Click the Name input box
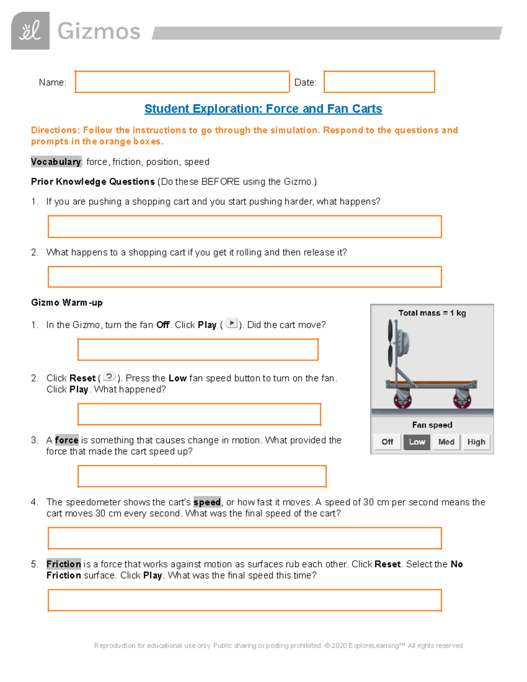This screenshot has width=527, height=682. click(182, 82)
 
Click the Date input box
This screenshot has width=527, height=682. click(379, 82)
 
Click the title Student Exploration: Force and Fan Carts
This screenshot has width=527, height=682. click(263, 108)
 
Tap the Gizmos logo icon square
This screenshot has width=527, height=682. click(30, 31)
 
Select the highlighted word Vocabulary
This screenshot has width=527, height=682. click(56, 162)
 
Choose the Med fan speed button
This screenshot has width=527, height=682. click(446, 442)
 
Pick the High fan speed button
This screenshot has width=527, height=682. click(476, 442)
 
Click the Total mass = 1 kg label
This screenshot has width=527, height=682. click(432, 313)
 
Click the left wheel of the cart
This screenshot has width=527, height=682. click(402, 400)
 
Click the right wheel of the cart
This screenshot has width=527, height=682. click(462, 400)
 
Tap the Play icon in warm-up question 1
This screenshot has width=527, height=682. click(231, 324)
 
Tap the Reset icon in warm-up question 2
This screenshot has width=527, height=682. click(109, 377)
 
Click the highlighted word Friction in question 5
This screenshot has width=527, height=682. click(64, 564)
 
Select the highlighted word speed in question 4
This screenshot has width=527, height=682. click(207, 502)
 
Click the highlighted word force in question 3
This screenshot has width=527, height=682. click(66, 440)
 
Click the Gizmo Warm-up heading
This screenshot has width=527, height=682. click(67, 303)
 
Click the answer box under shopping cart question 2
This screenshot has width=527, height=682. click(245, 277)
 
